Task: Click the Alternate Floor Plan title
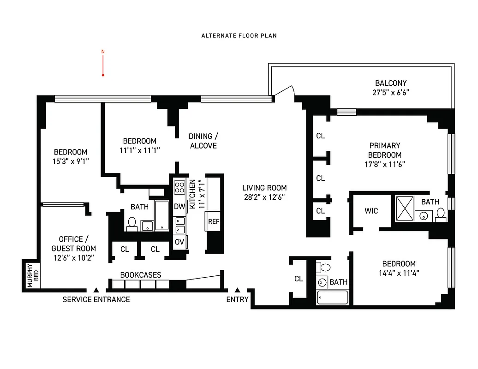click(x=239, y=36)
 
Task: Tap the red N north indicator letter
click(x=103, y=52)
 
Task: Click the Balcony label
click(x=391, y=83)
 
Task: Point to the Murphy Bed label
click(x=30, y=275)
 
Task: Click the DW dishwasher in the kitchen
click(x=179, y=207)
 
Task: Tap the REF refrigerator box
click(x=214, y=221)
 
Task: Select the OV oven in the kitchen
click(x=179, y=242)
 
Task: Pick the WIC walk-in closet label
click(x=371, y=211)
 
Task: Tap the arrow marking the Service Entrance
click(x=96, y=290)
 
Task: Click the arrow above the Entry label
click(x=237, y=290)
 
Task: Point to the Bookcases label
click(x=141, y=275)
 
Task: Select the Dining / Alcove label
click(x=203, y=141)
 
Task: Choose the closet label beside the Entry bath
click(x=299, y=279)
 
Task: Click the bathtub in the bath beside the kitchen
click(x=162, y=215)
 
